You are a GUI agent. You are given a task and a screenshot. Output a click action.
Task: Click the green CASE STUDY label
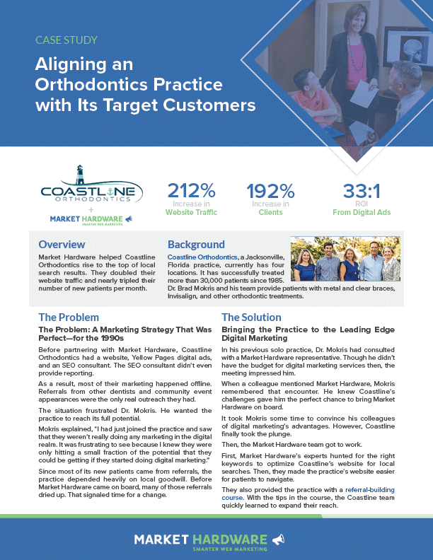(67, 40)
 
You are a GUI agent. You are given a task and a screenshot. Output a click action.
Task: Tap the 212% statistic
(192, 191)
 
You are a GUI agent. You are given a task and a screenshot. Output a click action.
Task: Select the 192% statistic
(270, 191)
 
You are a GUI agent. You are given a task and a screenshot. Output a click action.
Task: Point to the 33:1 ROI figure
(362, 191)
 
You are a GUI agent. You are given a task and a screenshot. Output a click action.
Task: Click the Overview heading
(62, 244)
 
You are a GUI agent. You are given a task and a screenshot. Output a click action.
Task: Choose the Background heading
(196, 244)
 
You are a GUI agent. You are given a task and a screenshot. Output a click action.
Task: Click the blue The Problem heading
(69, 317)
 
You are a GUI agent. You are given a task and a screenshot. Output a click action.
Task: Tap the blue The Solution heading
(251, 317)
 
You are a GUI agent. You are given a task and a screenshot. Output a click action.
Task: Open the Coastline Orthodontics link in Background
(202, 257)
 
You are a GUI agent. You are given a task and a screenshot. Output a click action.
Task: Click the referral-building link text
(370, 489)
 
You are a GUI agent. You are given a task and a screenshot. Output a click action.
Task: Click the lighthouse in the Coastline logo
(80, 175)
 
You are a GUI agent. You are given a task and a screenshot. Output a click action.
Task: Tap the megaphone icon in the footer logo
(278, 539)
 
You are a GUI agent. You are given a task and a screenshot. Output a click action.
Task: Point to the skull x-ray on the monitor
(412, 49)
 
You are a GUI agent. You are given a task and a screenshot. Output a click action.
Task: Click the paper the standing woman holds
(364, 91)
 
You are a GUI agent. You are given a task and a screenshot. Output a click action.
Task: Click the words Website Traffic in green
(191, 212)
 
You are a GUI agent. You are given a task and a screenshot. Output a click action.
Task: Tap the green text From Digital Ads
(362, 212)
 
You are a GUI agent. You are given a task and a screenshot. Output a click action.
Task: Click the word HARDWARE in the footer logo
(230, 539)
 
